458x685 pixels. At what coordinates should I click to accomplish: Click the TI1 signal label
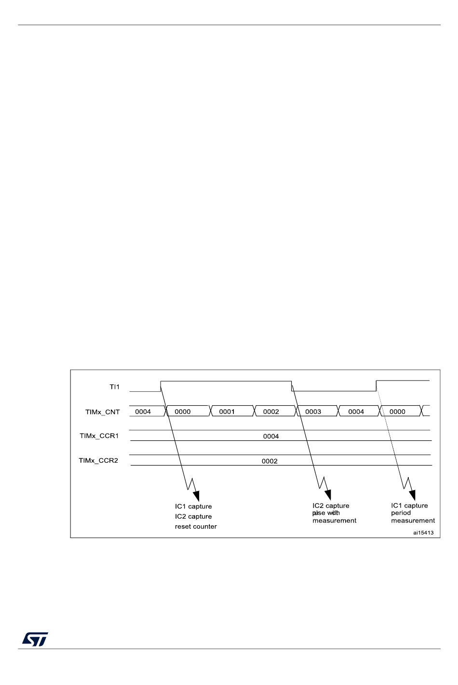114,387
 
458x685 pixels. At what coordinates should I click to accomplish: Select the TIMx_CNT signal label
102,412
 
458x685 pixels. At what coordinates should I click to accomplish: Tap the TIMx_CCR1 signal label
99,436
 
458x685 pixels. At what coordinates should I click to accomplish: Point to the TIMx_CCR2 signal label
98,461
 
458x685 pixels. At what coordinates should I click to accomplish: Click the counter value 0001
227,412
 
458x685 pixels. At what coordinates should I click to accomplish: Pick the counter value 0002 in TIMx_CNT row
271,412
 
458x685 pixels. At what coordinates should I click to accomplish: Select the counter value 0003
313,412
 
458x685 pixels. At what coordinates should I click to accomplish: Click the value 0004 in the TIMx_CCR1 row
271,437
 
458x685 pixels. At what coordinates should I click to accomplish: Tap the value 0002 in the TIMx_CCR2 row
269,461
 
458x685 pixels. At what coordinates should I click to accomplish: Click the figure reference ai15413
423,533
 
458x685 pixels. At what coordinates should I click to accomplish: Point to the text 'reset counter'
196,527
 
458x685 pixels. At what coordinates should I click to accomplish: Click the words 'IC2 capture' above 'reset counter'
193,517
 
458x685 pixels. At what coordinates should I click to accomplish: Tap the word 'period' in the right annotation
401,513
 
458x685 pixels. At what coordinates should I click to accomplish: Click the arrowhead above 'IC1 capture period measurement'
412,495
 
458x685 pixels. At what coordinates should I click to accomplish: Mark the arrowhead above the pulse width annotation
328,495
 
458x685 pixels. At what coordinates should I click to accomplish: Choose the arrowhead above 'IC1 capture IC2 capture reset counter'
196,496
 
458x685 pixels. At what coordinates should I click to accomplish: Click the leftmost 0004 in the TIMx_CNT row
143,412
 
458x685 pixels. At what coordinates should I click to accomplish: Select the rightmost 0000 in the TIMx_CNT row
397,412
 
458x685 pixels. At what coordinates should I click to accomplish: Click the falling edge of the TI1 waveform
292,386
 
